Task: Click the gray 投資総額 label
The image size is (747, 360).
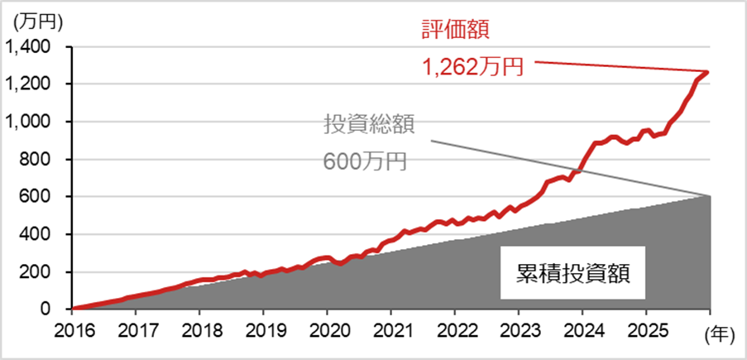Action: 368,124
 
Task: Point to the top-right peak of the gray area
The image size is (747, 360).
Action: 709,196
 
